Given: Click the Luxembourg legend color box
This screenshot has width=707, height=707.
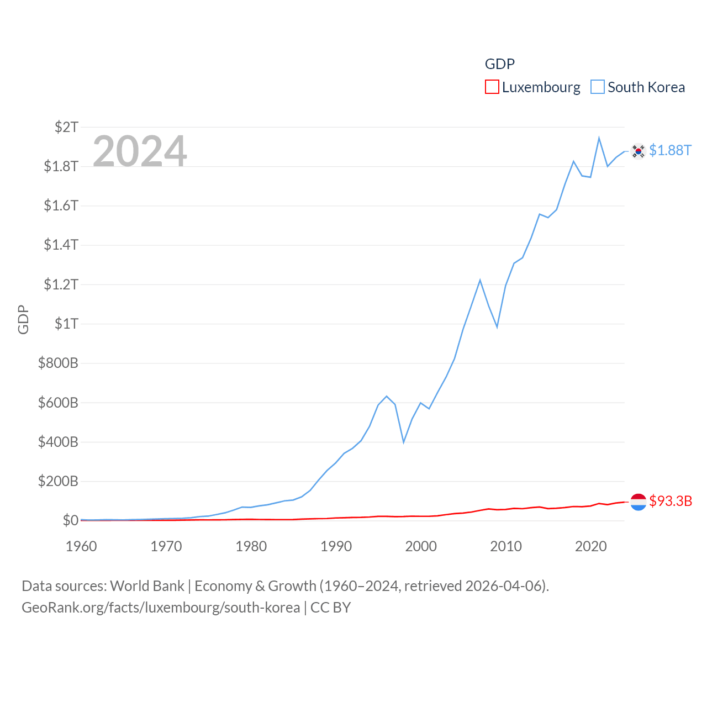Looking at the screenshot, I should coord(492,87).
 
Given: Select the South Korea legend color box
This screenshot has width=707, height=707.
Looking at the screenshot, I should coord(598,87).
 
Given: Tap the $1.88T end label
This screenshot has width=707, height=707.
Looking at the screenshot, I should coord(670,150).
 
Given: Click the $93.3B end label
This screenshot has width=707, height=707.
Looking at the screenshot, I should coord(671,501).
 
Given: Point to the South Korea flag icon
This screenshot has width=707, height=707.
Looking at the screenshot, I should coord(638,151).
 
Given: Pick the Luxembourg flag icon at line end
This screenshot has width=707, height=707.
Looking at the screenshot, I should coord(638,502).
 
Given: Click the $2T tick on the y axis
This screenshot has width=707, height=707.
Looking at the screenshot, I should coord(66,127).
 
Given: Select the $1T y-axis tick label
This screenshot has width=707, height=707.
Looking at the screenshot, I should coord(66,324).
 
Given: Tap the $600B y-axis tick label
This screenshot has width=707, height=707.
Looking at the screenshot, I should coord(58,403).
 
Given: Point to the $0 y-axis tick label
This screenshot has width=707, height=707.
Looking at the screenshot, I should coord(70,520).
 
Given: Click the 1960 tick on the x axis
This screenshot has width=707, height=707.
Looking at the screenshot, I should coord(81,546).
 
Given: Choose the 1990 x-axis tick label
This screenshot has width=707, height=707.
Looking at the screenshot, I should coord(336,546).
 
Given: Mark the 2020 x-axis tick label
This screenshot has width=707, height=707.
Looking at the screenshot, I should coord(590,546).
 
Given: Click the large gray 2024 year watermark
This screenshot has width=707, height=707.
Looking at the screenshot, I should coord(140,151).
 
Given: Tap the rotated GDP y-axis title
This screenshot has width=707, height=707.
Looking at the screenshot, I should coord(23,319).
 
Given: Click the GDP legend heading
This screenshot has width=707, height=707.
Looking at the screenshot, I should coord(499,64).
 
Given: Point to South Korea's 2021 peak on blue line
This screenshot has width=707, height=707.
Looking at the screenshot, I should coord(599,138).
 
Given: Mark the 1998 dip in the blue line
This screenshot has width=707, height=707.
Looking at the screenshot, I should coord(404,442).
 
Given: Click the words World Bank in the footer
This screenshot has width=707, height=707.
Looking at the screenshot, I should coord(147,585).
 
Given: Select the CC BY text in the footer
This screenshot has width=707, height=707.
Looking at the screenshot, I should coord(330,608).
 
